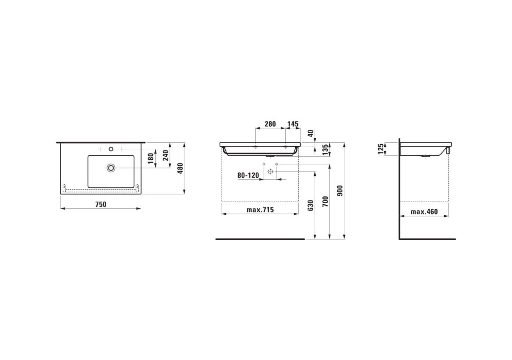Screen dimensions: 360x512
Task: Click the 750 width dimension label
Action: pos(101,204)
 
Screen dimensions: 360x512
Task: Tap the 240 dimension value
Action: pos(166,155)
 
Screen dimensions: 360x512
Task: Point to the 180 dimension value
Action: pos(151,158)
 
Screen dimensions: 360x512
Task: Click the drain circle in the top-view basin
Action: pos(111,168)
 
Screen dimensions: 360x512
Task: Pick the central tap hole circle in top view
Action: pos(111,149)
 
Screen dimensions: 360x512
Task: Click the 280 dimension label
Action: pos(270,124)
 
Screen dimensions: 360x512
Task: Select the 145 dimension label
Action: pos(293,124)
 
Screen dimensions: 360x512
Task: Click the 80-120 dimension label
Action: pos(248,175)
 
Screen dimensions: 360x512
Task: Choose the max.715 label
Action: pos(260,210)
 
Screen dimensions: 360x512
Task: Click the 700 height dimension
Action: pos(325,201)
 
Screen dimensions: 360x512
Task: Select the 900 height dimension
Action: pos(340,191)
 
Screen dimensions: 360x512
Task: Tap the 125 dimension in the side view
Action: pos(381,148)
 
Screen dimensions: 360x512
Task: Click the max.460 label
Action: pos(424,212)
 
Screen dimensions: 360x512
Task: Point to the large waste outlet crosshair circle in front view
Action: pos(270,172)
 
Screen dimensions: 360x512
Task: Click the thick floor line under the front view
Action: pos(260,239)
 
